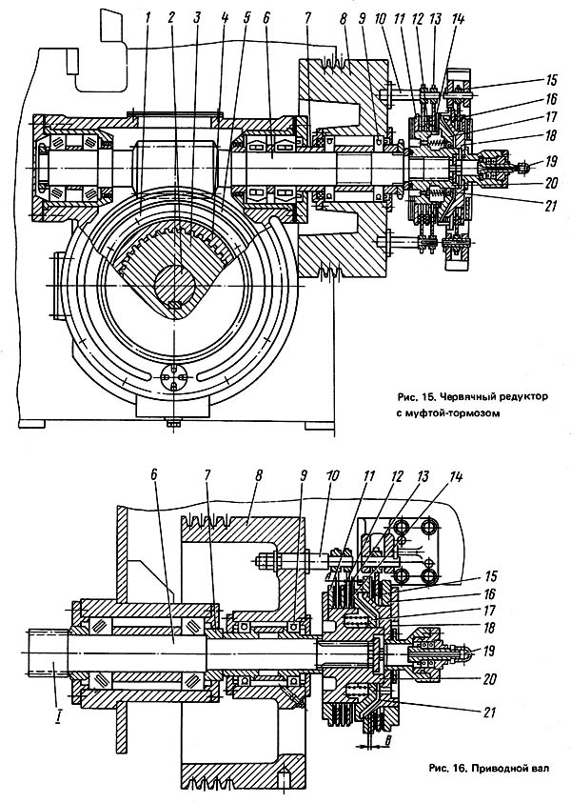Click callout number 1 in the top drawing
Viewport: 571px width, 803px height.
(148, 17)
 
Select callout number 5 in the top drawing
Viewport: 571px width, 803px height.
(246, 17)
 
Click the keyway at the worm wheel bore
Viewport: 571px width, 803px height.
(173, 305)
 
